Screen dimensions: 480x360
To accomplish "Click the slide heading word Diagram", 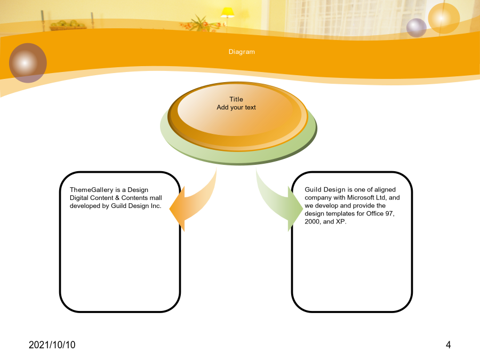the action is (242, 52).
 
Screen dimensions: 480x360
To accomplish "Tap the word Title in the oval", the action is (236, 99).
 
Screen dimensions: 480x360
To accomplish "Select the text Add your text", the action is (236, 107).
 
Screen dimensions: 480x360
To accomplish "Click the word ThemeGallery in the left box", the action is (92, 190).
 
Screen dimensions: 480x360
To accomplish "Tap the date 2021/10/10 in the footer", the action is (52, 345).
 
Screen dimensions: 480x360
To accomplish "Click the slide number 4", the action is (448, 345).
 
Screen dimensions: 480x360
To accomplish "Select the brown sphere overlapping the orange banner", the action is (28, 63).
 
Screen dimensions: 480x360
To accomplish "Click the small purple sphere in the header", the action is (417, 28).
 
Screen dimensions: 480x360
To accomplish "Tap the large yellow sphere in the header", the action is (444, 18).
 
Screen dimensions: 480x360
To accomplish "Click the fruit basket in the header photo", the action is (68, 26).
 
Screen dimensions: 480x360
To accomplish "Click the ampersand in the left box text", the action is (117, 198).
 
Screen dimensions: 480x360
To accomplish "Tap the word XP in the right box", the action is (340, 221).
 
